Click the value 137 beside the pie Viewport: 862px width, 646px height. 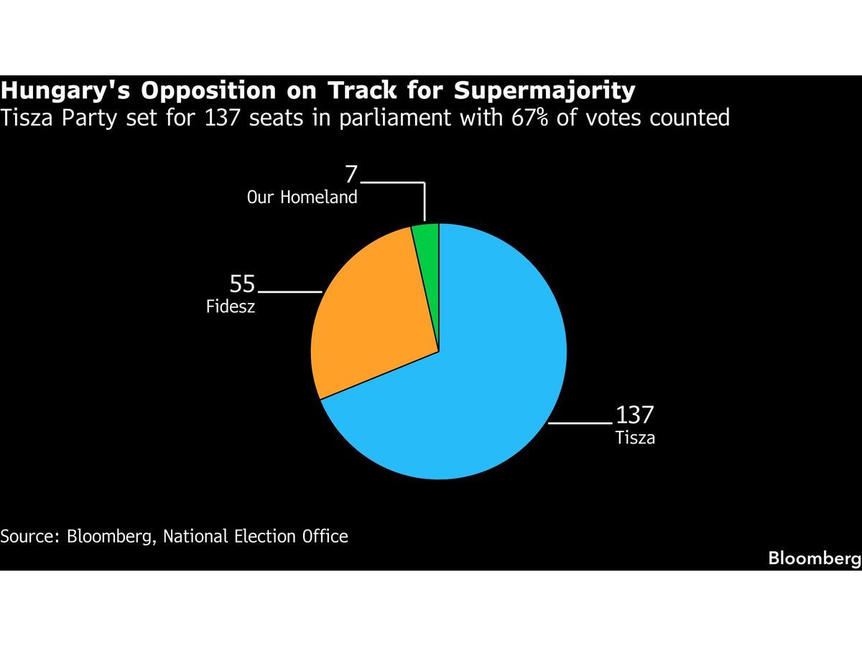[634, 416]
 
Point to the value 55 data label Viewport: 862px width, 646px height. [242, 285]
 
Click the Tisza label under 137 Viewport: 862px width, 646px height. [635, 437]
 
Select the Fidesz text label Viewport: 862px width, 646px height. [231, 307]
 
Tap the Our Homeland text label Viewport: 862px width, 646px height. [302, 197]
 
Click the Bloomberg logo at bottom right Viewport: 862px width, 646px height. [814, 558]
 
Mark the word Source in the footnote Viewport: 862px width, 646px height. [29, 536]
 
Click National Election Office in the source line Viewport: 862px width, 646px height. [256, 536]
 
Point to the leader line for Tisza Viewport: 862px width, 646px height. [580, 423]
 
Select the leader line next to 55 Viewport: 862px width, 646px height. [289, 292]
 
